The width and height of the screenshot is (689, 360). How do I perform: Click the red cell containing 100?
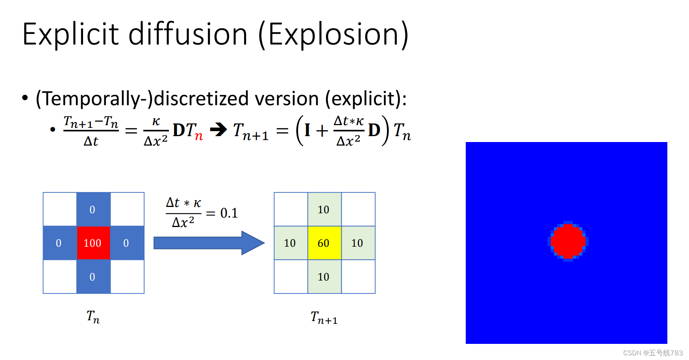point(93,243)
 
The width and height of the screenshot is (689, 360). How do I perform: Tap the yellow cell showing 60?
point(324,243)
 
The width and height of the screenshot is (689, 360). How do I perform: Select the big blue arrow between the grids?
point(209,243)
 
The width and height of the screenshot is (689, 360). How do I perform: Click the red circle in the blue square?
point(568,241)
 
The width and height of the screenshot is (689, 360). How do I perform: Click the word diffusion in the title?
point(188,35)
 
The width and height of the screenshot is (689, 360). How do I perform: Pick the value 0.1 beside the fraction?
point(229,213)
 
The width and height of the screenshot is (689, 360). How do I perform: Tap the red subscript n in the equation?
point(199,136)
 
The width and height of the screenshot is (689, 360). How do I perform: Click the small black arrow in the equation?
point(219,129)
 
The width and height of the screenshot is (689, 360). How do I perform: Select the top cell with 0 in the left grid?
point(93,209)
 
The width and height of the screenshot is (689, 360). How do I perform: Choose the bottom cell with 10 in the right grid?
point(324,277)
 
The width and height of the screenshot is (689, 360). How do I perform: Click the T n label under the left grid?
point(93,317)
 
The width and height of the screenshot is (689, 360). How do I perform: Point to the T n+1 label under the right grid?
point(324,318)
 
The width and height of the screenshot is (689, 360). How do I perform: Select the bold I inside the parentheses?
point(307,130)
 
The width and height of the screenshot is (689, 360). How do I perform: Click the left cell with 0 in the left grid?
point(59,243)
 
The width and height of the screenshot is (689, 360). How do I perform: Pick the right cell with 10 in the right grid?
point(357,243)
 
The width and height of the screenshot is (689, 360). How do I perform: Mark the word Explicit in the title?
point(71,35)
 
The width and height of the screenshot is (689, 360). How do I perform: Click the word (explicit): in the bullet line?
point(366,98)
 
